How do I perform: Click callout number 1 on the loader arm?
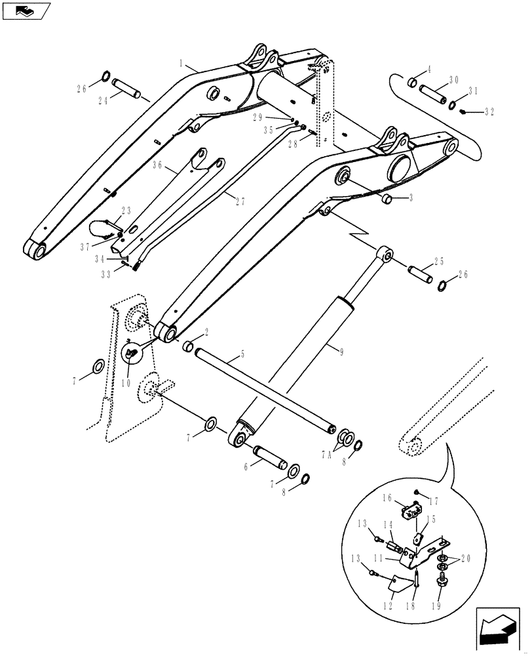(x=182, y=64)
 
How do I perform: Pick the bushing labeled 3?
(x=387, y=199)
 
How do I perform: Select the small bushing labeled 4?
(x=413, y=83)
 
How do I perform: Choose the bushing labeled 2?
(x=187, y=346)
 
